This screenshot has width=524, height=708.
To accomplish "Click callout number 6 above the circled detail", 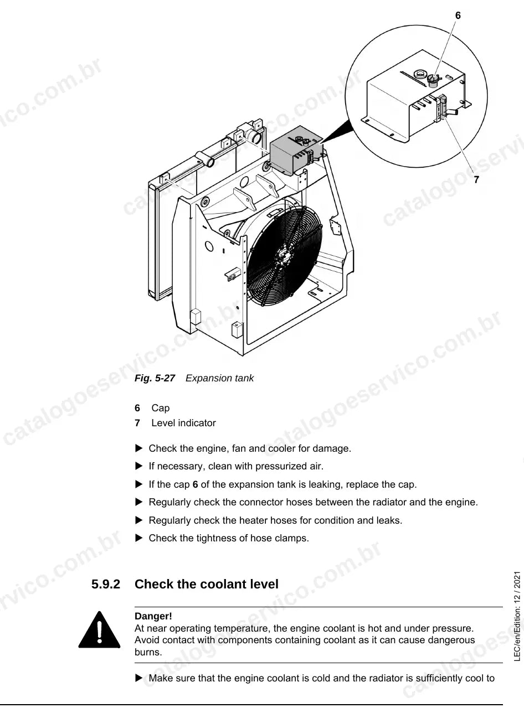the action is (x=458, y=15).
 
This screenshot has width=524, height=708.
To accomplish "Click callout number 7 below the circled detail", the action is (x=476, y=180).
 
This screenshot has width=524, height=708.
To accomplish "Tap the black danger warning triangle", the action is (x=99, y=630).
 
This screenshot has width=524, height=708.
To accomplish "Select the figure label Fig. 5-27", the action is (x=155, y=378).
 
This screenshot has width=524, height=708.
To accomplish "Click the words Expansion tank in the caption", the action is (x=219, y=378).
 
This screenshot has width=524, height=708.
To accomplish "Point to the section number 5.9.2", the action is (x=106, y=585).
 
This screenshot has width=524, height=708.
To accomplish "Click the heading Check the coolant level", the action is (x=207, y=585).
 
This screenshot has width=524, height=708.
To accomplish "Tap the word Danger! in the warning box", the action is (x=153, y=616).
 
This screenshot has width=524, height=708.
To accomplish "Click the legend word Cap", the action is (x=161, y=408).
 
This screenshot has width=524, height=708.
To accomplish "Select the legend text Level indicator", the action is (x=184, y=423).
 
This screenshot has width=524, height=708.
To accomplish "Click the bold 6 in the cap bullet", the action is (x=195, y=484).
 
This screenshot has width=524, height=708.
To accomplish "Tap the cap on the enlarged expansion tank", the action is (x=433, y=80).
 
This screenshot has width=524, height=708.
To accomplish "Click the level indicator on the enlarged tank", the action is (x=442, y=107).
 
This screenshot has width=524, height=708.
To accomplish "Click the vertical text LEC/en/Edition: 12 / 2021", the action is (x=517, y=616).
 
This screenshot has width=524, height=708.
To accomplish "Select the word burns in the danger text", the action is (x=148, y=652).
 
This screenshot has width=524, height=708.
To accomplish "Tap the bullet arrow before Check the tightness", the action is (x=138, y=538).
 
